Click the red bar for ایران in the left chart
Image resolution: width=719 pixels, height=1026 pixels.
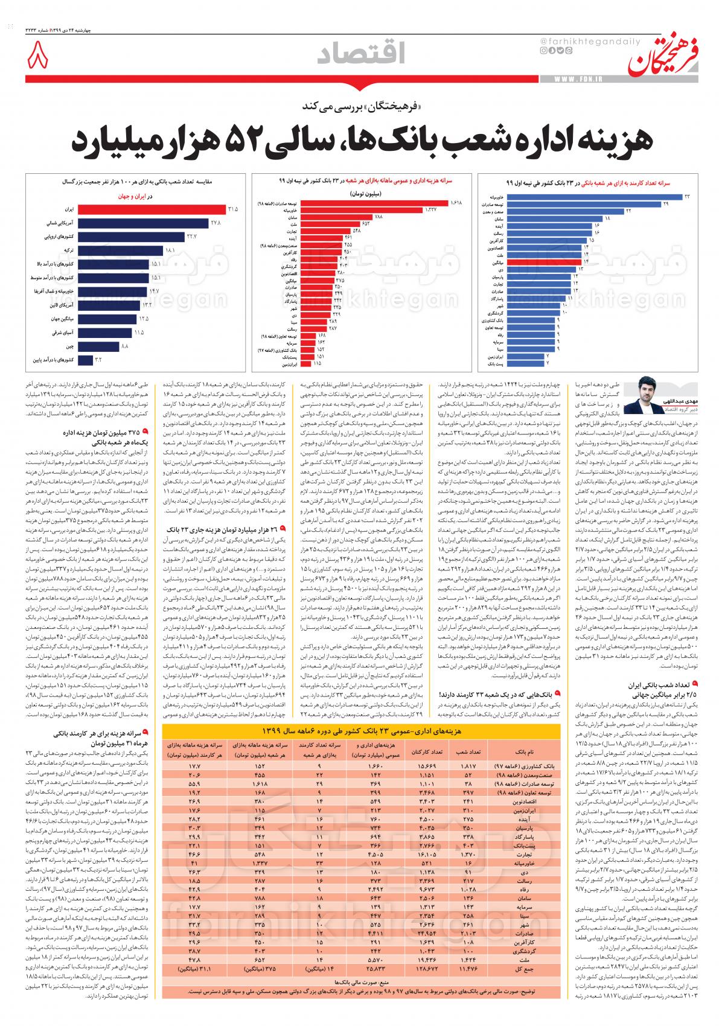(150, 209)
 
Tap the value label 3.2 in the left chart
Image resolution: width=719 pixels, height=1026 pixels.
(98, 360)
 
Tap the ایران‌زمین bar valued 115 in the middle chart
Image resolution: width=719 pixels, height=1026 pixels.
(305, 364)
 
